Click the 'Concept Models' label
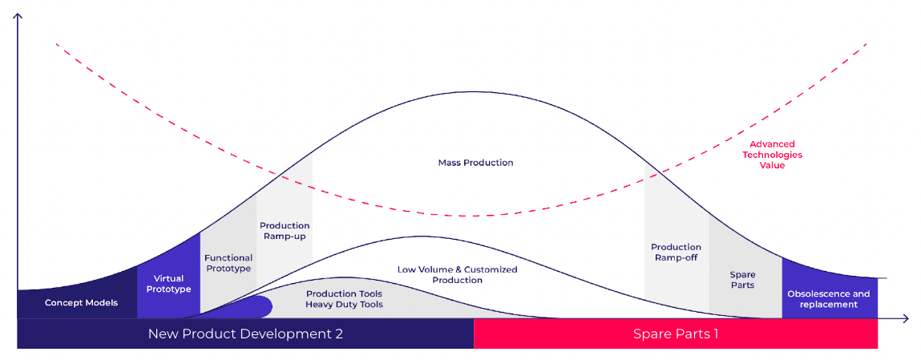pyautogui.click(x=81, y=302)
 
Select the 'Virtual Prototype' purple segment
pyautogui.click(x=168, y=284)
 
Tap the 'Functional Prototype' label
pyautogui.click(x=228, y=263)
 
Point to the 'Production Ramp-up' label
pyautogui.click(x=285, y=231)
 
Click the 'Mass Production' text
pyautogui.click(x=475, y=163)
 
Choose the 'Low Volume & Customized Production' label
pyautogui.click(x=457, y=275)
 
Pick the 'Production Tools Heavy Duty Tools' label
pyautogui.click(x=344, y=299)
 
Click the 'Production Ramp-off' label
pyautogui.click(x=676, y=252)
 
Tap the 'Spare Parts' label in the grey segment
pyautogui.click(x=742, y=280)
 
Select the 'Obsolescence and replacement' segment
pyautogui.click(x=828, y=298)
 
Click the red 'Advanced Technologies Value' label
pyautogui.click(x=772, y=155)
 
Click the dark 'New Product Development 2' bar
pyautogui.click(x=245, y=334)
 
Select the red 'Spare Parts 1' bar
pyautogui.click(x=675, y=334)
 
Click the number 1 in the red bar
pyautogui.click(x=715, y=334)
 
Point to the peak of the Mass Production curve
pyautogui.click(x=473, y=91)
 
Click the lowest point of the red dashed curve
pyautogui.click(x=473, y=216)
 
